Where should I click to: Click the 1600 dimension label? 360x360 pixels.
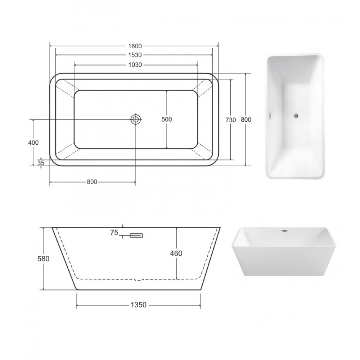point(135,46)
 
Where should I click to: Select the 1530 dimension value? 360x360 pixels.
point(135,55)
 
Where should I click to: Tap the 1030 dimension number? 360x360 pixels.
point(135,65)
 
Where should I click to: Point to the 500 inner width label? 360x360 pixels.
point(167,120)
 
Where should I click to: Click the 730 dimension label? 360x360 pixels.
point(231,120)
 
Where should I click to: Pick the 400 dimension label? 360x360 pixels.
point(33,143)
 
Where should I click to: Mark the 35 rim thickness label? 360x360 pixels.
point(41,163)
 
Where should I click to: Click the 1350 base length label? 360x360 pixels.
point(139,305)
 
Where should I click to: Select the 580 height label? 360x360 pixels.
point(44,259)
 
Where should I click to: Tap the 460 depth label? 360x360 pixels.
point(176,253)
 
